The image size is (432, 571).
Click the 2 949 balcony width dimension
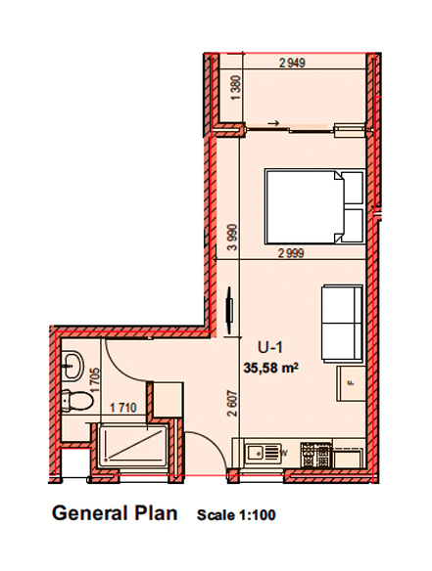[292, 63]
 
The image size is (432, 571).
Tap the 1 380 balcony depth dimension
[236, 88]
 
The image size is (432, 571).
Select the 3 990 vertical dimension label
[232, 238]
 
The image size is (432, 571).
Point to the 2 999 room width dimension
[291, 252]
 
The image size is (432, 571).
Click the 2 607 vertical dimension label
[232, 404]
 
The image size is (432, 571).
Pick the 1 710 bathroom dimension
[123, 408]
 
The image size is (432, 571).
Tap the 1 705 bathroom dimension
[95, 380]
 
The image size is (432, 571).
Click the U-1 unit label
[270, 347]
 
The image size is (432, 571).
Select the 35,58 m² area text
[271, 368]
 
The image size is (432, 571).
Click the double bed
[314, 206]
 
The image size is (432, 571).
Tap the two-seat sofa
[342, 324]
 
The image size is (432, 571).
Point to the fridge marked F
[351, 383]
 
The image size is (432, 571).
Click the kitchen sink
[263, 454]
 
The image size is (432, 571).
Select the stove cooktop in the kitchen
[316, 455]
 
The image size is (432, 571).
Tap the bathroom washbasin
[72, 366]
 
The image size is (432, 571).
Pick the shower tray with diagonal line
[133, 446]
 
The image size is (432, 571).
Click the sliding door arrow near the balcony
[273, 123]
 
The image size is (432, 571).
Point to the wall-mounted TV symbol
[229, 310]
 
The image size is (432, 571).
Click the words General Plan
[115, 513]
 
